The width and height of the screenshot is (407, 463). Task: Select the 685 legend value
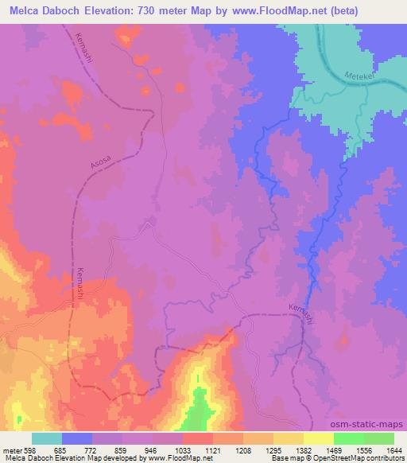click(62, 450)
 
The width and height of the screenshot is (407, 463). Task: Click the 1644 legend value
click(394, 450)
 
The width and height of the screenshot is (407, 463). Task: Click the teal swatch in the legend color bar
click(47, 438)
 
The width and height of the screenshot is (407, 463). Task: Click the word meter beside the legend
click(11, 450)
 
